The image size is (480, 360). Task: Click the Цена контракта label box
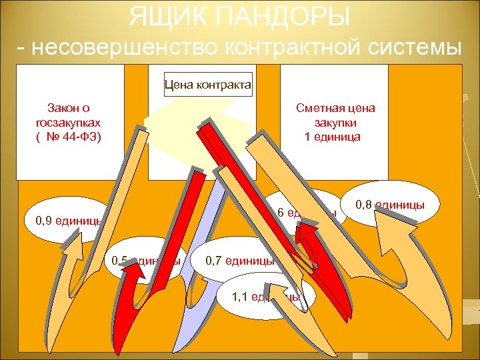click(208, 85)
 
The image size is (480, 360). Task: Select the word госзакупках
click(68, 122)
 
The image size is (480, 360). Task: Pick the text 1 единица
click(332, 137)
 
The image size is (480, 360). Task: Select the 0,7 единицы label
click(240, 259)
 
